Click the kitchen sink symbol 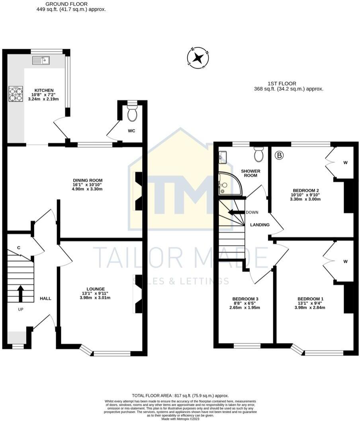[x=41, y=61]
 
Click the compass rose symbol [x=198, y=59]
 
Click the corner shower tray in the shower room [x=225, y=183]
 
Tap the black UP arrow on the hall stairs [x=20, y=293]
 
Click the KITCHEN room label [x=44, y=90]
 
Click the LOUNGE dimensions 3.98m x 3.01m [x=95, y=297]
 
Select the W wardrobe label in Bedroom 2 [x=345, y=162]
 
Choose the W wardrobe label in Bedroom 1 [x=345, y=262]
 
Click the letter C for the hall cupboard [x=19, y=248]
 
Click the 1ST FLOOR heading [x=282, y=83]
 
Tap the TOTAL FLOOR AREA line [x=180, y=395]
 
